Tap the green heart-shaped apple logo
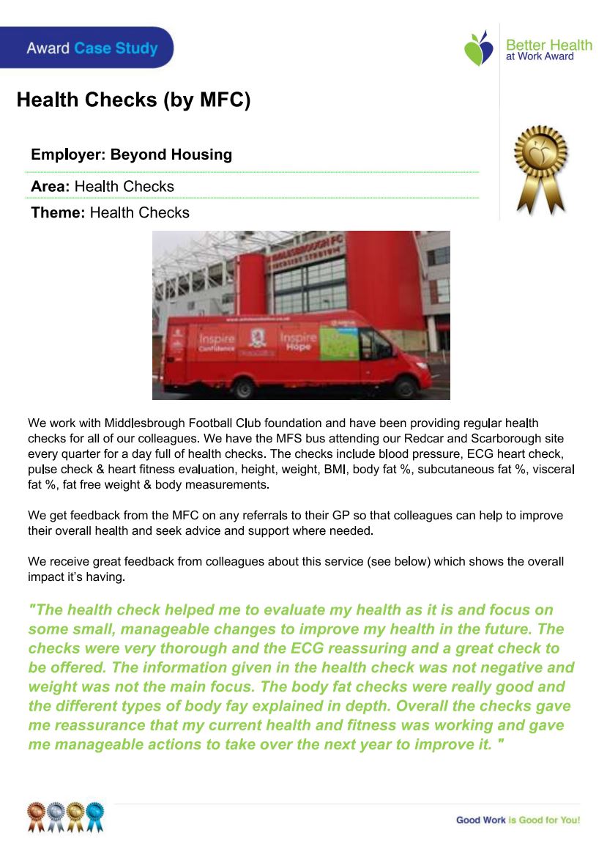tap(478, 48)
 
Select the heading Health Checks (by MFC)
tap(133, 100)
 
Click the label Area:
tap(50, 186)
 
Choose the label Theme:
tap(59, 212)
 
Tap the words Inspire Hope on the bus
tap(298, 341)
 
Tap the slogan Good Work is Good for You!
tap(518, 820)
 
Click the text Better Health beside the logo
tap(548, 45)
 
